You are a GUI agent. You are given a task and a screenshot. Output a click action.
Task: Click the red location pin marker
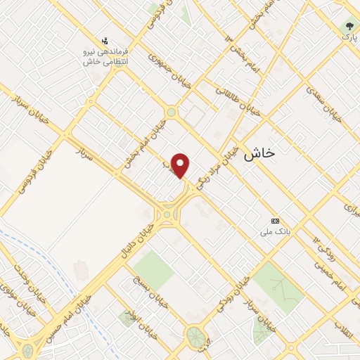click(181, 166)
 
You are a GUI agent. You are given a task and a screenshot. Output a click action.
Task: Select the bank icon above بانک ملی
click(275, 221)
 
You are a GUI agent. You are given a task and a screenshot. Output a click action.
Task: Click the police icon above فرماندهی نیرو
click(105, 40)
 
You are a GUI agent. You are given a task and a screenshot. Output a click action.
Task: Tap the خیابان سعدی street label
click(324, 102)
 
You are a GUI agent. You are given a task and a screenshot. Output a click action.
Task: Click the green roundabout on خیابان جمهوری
click(171, 112)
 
